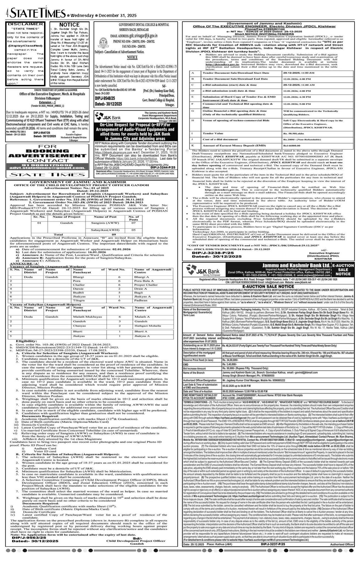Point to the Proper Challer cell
(x=146, y=285)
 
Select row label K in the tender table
(x=192, y=145)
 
